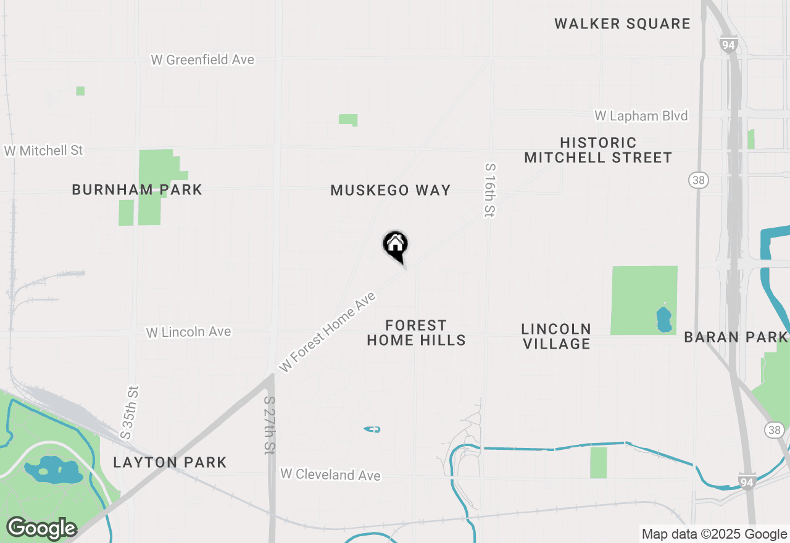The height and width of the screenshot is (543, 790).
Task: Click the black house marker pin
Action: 396,245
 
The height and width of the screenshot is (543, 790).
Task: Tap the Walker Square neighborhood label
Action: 622,24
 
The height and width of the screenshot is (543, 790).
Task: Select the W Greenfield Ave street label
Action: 202,60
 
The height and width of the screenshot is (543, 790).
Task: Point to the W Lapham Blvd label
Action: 641,116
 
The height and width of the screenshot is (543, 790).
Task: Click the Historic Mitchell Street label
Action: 598,151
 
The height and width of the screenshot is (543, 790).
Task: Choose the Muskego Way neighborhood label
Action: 391,191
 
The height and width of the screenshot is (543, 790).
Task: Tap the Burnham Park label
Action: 137,190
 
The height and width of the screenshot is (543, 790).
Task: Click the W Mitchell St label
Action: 43,151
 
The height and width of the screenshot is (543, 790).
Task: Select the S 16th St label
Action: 489,190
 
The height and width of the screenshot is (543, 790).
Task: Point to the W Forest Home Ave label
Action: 327,332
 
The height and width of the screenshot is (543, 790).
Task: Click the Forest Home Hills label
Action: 416,333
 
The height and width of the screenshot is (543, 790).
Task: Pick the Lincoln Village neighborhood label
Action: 556,336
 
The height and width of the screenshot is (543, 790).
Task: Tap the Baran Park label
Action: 736,338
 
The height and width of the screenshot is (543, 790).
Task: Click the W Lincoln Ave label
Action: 188,332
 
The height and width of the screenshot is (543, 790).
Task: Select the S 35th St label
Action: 130,413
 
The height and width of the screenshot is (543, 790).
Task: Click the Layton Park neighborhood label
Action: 170,462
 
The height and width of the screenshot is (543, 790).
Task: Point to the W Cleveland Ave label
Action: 330,475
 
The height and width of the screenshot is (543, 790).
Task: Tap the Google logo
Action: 41,528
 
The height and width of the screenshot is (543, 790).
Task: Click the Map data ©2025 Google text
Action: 713,534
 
